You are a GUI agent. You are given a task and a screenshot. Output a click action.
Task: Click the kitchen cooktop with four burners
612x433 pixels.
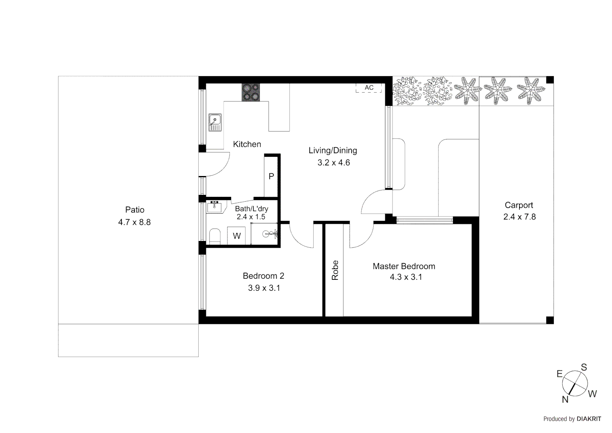pyautogui.click(x=251, y=92)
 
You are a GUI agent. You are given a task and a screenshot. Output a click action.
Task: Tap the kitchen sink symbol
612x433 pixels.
pyautogui.click(x=215, y=122)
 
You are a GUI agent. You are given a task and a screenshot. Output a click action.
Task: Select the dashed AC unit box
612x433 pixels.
pyautogui.click(x=369, y=88)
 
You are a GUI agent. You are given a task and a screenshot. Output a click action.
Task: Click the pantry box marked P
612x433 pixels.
pyautogui.click(x=271, y=176)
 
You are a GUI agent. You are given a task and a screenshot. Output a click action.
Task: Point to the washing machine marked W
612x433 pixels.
pyautogui.click(x=237, y=236)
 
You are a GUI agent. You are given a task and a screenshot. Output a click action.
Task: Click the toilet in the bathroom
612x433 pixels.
pyautogui.click(x=215, y=236)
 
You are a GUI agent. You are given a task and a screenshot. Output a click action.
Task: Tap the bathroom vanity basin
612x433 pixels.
pyautogui.click(x=214, y=207)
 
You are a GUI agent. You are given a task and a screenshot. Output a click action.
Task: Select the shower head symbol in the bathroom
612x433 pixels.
pyautogui.click(x=270, y=234)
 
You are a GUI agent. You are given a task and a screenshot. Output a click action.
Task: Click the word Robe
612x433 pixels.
pyautogui.click(x=335, y=270)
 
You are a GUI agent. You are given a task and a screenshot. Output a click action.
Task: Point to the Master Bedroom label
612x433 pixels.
pyautogui.click(x=404, y=266)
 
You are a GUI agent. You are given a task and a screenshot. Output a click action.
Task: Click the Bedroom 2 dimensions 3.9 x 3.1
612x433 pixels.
pyautogui.click(x=264, y=288)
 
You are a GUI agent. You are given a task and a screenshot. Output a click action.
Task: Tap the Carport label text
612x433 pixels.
pyautogui.click(x=519, y=205)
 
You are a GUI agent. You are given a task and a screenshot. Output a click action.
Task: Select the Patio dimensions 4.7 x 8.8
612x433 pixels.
pyautogui.click(x=134, y=222)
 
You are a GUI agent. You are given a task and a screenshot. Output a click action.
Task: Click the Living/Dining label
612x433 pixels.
pyautogui.click(x=332, y=151)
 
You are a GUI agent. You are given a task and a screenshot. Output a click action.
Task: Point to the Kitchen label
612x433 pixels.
pyautogui.click(x=247, y=144)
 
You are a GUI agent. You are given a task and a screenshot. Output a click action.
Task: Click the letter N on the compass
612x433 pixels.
pyautogui.click(x=565, y=399)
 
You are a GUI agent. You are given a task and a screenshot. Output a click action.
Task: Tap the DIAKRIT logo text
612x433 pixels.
pyautogui.click(x=589, y=419)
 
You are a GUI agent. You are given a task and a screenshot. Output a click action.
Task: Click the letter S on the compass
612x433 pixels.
pyautogui.click(x=584, y=367)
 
